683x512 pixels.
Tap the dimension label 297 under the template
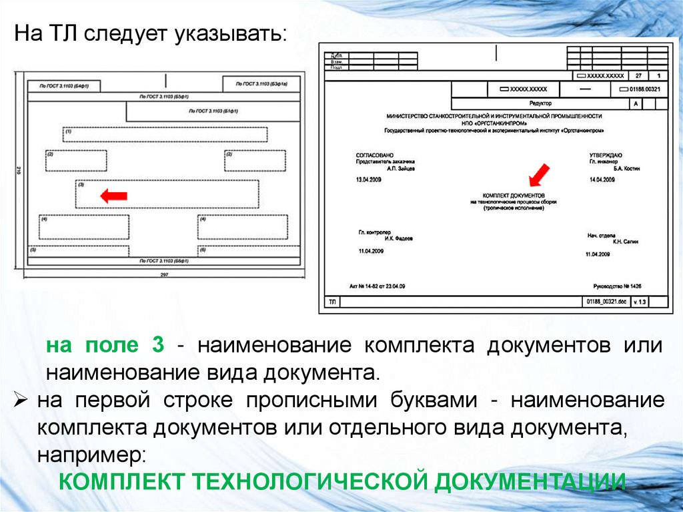tap(164, 275)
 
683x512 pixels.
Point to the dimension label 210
tap(17, 172)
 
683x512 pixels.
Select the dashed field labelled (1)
tap(165, 134)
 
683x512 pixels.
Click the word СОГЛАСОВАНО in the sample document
tap(371, 155)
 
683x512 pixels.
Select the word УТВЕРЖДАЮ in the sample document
tap(606, 155)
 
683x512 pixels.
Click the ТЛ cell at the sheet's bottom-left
tap(331, 302)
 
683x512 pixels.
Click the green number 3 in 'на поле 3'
tap(157, 346)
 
